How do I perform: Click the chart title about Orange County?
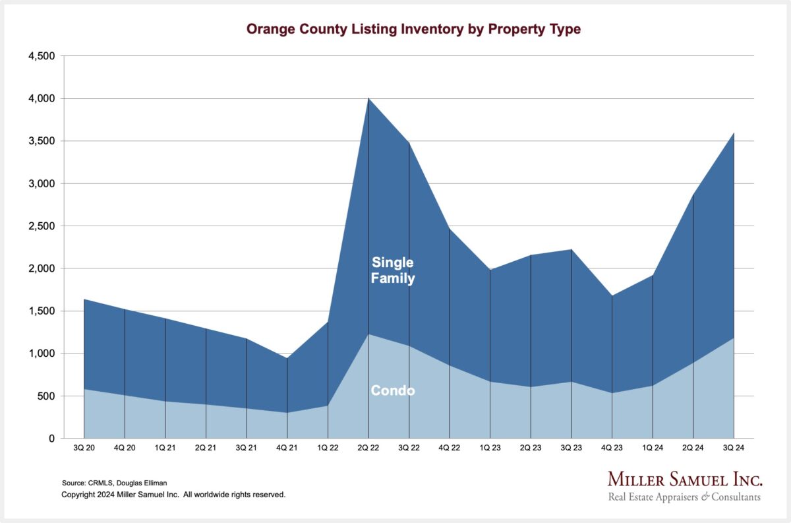[x=413, y=30]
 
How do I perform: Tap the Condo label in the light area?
[x=393, y=391]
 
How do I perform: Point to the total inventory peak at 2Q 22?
[x=368, y=99]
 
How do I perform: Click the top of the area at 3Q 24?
[x=734, y=133]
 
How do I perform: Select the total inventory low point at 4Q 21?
[x=287, y=358]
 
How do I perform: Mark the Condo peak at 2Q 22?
[x=368, y=334]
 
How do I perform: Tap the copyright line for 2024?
[x=173, y=494]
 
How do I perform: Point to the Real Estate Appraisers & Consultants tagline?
[x=684, y=497]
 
